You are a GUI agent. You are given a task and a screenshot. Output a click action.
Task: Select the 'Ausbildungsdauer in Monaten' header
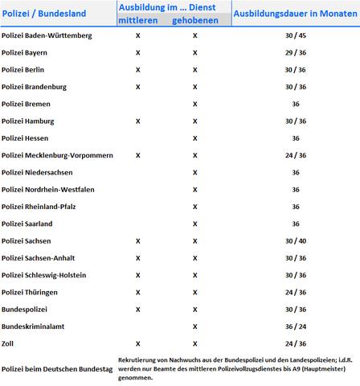pyautogui.click(x=295, y=14)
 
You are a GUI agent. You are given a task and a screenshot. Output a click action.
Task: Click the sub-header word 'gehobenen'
pyautogui.click(x=195, y=19)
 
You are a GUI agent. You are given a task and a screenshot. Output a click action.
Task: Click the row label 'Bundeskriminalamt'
pyautogui.click(x=33, y=326)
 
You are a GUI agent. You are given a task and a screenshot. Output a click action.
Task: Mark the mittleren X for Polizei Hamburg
pyautogui.click(x=138, y=121)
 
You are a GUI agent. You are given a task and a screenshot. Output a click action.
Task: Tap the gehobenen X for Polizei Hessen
pyautogui.click(x=195, y=138)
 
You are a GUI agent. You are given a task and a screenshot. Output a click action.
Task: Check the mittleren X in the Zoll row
pyautogui.click(x=138, y=343)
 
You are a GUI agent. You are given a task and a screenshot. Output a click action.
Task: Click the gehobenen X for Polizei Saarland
pyautogui.click(x=195, y=224)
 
